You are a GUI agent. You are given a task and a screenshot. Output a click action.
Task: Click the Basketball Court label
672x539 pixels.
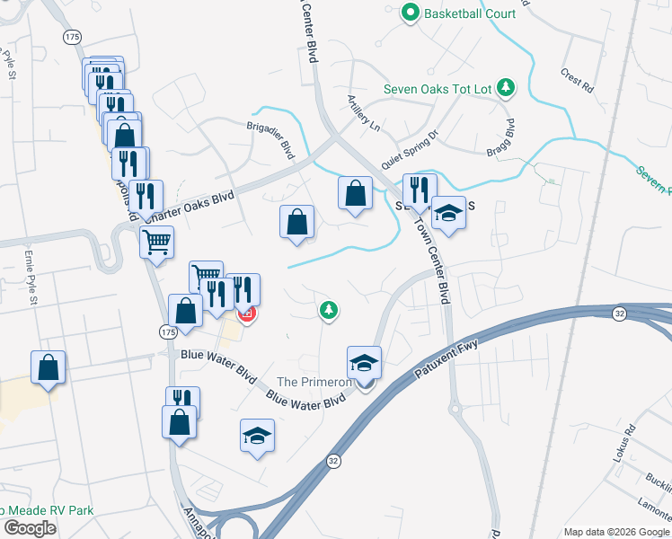pos(470,13)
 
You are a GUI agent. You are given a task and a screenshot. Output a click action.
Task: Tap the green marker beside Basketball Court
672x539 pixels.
pos(411,13)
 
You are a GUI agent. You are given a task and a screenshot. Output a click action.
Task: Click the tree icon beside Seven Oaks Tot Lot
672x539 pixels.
pos(507,87)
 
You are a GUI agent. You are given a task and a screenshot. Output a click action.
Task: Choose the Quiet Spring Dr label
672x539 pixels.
pos(409,150)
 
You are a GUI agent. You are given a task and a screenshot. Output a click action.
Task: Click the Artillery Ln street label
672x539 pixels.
pos(364,114)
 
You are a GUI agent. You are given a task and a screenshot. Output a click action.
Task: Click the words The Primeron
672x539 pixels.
pos(314,382)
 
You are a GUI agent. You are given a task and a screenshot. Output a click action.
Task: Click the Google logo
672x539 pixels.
pos(29,528)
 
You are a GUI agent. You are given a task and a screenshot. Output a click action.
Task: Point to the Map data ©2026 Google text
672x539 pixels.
pos(615,532)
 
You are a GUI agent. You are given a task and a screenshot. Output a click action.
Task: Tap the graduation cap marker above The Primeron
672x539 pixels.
pos(364,363)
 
